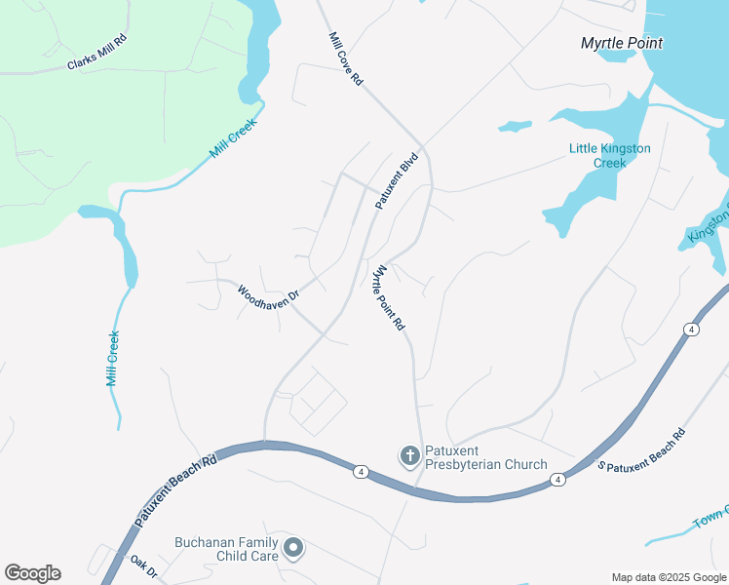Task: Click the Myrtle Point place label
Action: [x=621, y=43]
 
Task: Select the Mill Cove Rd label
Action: [x=345, y=59]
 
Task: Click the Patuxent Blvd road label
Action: [x=397, y=180]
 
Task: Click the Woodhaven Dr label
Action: [x=268, y=292]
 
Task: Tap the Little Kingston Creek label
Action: [x=610, y=156]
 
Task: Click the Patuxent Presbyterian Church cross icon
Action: [x=409, y=455]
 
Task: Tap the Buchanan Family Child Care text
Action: [x=227, y=549]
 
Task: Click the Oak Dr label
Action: [x=143, y=566]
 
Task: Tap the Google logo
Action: [x=32, y=573]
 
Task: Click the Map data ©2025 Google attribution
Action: [x=668, y=577]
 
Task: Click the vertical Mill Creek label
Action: [x=112, y=358]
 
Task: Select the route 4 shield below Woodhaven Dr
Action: [x=361, y=472]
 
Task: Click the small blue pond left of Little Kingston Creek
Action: [x=514, y=126]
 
